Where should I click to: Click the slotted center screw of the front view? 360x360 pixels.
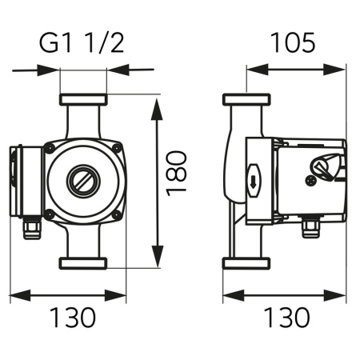[83, 180]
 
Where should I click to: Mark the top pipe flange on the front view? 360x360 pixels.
[83, 102]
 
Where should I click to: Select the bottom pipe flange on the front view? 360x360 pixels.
[83, 262]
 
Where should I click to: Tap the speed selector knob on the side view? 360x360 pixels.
[324, 169]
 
